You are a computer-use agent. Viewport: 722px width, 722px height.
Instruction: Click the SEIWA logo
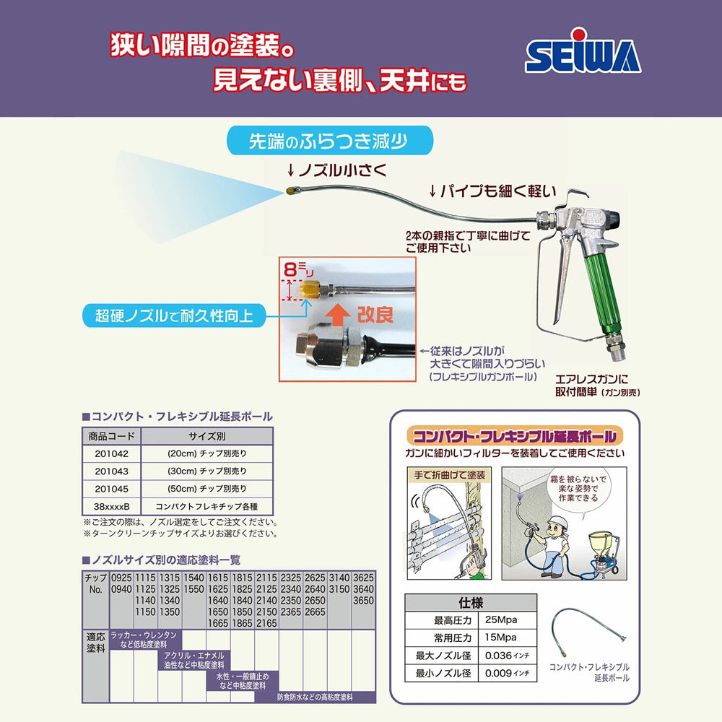[583, 56]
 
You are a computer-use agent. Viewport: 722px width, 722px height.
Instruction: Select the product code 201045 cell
[111, 489]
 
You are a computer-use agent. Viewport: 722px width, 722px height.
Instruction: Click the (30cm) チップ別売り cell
[206, 471]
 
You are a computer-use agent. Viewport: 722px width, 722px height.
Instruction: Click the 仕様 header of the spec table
[470, 602]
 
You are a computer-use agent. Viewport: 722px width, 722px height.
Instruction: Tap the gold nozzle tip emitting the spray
[290, 193]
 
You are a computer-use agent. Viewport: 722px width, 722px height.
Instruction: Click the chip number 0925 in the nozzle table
[121, 578]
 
